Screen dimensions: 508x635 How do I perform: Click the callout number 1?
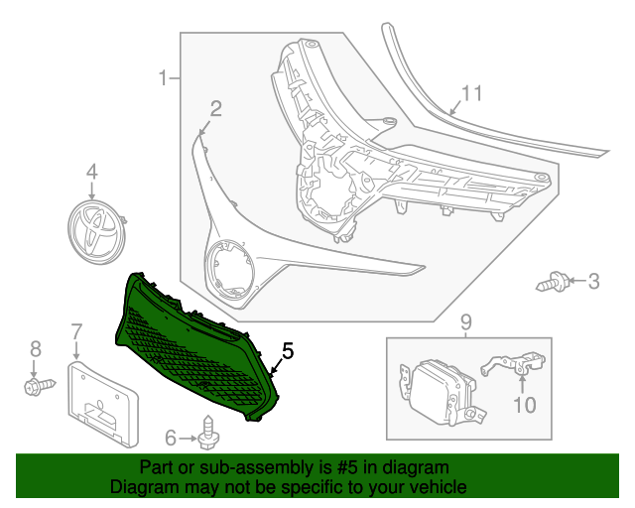click(165, 77)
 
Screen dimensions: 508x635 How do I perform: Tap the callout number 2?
click(214, 108)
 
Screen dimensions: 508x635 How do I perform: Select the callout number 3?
click(593, 283)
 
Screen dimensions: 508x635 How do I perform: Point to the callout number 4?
click(92, 173)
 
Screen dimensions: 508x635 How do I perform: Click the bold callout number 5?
click(288, 350)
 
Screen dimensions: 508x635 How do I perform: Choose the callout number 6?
click(171, 437)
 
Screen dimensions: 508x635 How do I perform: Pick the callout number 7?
click(76, 330)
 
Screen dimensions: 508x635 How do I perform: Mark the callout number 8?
click(36, 348)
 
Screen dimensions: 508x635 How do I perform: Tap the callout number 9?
click(466, 322)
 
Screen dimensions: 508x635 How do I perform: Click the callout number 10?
click(523, 404)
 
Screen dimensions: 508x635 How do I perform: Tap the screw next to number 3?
click(553, 283)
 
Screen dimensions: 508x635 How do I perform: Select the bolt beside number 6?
click(209, 434)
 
